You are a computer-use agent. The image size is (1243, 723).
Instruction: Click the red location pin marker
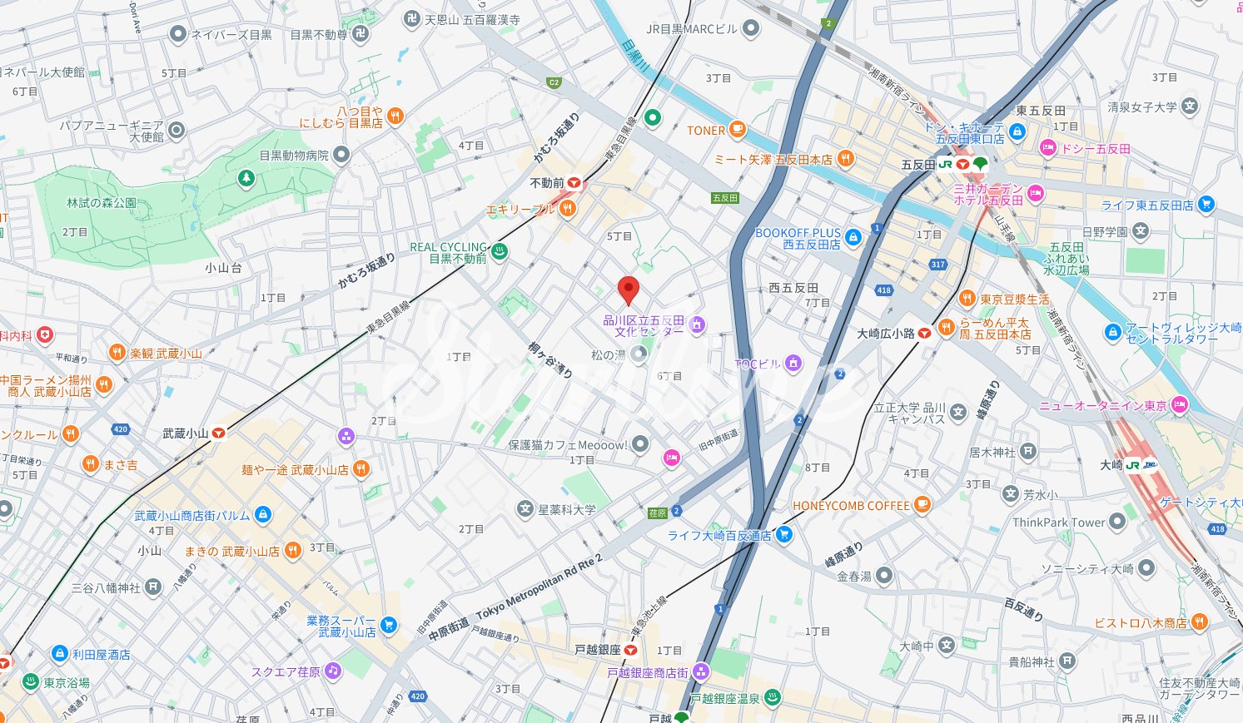(628, 290)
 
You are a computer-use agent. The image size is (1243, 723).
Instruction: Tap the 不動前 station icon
(574, 182)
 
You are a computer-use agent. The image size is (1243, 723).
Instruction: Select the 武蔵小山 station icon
(219, 433)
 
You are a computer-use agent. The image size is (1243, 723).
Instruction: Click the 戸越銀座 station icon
(631, 649)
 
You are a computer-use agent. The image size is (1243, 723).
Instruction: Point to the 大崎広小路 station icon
(924, 333)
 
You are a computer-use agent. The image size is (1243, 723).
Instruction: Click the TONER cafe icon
(737, 130)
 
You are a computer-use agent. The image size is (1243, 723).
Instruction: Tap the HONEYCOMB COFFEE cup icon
(922, 504)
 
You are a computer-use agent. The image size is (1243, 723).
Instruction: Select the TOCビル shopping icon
(793, 363)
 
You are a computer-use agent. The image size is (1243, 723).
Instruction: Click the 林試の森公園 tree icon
(246, 178)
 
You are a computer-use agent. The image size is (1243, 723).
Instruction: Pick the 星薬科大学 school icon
(525, 508)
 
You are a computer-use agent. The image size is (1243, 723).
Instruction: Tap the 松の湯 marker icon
(639, 355)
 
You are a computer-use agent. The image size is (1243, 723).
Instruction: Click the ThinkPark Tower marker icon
(1117, 522)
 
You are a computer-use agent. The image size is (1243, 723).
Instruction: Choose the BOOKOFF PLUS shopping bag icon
(853, 238)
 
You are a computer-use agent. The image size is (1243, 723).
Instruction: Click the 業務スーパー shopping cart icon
(388, 625)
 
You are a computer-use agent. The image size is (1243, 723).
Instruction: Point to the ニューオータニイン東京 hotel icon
(1179, 405)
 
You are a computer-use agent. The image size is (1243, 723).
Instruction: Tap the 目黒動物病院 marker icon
(341, 155)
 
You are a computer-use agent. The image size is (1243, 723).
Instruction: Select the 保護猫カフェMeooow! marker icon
(639, 444)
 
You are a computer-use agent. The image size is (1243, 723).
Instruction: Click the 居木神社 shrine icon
(1028, 452)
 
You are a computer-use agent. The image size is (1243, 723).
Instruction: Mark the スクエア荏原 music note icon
(333, 671)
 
